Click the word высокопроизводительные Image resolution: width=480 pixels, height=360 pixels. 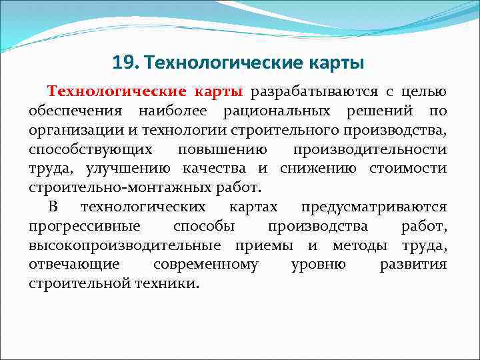pos(127,245)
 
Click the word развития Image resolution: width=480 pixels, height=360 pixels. pos(413,264)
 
